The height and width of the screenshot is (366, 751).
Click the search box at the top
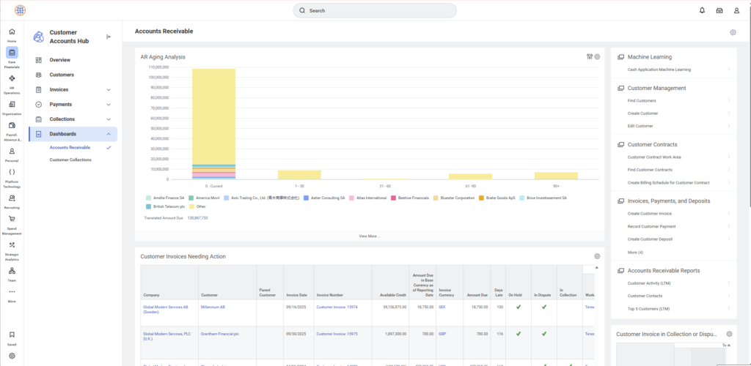pyautogui.click(x=374, y=11)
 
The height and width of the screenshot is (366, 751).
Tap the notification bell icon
pyautogui.click(x=702, y=10)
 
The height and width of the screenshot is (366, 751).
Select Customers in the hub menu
pyautogui.click(x=62, y=75)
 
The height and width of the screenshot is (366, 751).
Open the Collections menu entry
pyautogui.click(x=62, y=119)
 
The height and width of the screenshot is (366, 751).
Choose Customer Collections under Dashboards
pyautogui.click(x=70, y=160)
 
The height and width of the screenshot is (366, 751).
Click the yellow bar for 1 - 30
pyautogui.click(x=299, y=174)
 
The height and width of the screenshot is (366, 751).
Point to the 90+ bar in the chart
pyautogui.click(x=556, y=176)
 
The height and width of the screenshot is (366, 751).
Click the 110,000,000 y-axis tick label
pyautogui.click(x=158, y=67)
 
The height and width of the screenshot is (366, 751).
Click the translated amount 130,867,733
pyautogui.click(x=197, y=218)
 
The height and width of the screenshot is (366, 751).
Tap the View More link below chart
pyautogui.click(x=369, y=236)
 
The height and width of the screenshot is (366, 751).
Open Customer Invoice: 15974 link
pyautogui.click(x=337, y=307)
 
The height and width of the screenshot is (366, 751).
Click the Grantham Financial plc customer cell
pyautogui.click(x=219, y=334)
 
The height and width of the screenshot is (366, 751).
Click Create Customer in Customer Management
pyautogui.click(x=642, y=113)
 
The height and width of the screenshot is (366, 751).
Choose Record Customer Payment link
pyautogui.click(x=651, y=226)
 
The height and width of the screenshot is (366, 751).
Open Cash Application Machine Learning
pyautogui.click(x=659, y=70)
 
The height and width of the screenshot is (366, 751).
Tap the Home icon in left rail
pyautogui.click(x=12, y=34)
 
